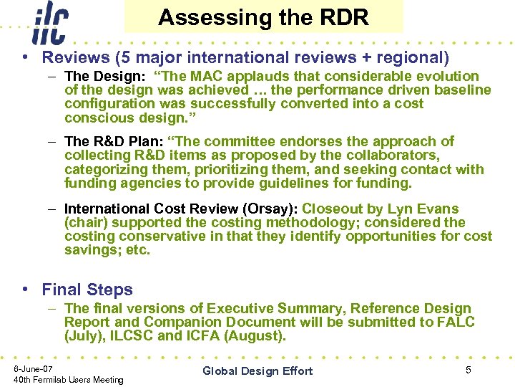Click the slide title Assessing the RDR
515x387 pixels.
click(x=263, y=17)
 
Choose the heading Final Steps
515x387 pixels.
click(x=87, y=290)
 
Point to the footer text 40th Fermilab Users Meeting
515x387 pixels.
click(x=69, y=380)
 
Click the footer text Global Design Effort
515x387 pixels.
click(x=257, y=371)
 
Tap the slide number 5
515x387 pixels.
click(x=469, y=370)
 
